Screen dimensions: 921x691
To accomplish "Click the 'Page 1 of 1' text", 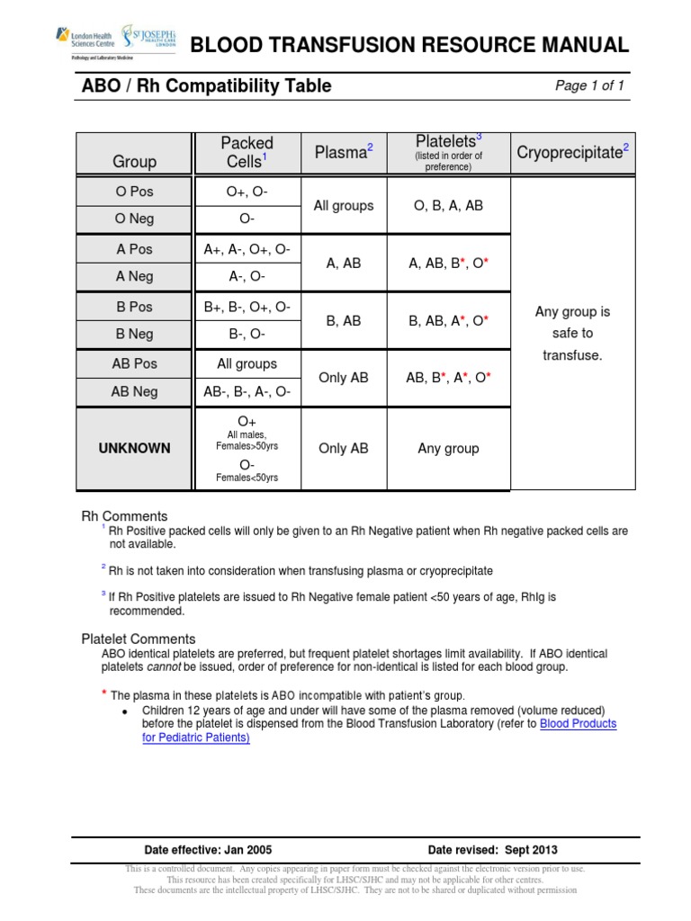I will tap(589, 86).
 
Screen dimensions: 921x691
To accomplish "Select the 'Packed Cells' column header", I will tap(247, 152).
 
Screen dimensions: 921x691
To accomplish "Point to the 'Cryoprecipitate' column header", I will tap(572, 152).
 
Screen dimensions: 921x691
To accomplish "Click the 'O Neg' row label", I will tap(134, 219).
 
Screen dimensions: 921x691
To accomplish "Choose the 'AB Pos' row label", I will tap(134, 364).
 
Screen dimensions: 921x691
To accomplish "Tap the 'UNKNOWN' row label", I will tap(134, 448).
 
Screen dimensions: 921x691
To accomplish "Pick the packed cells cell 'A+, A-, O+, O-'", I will tap(247, 249).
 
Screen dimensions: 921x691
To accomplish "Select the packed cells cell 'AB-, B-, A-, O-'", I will tap(247, 392).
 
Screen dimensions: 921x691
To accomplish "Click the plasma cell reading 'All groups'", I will tap(343, 205).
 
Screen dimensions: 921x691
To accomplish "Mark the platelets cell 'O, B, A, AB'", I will tap(448, 205).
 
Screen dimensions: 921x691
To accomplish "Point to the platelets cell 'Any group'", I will tap(448, 448).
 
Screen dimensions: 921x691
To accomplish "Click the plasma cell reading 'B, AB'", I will tap(343, 319).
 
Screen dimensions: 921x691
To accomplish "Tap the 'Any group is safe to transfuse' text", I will tap(572, 333).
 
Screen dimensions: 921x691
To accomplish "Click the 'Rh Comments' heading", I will tap(124, 516).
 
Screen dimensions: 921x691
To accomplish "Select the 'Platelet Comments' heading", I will tap(138, 639).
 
